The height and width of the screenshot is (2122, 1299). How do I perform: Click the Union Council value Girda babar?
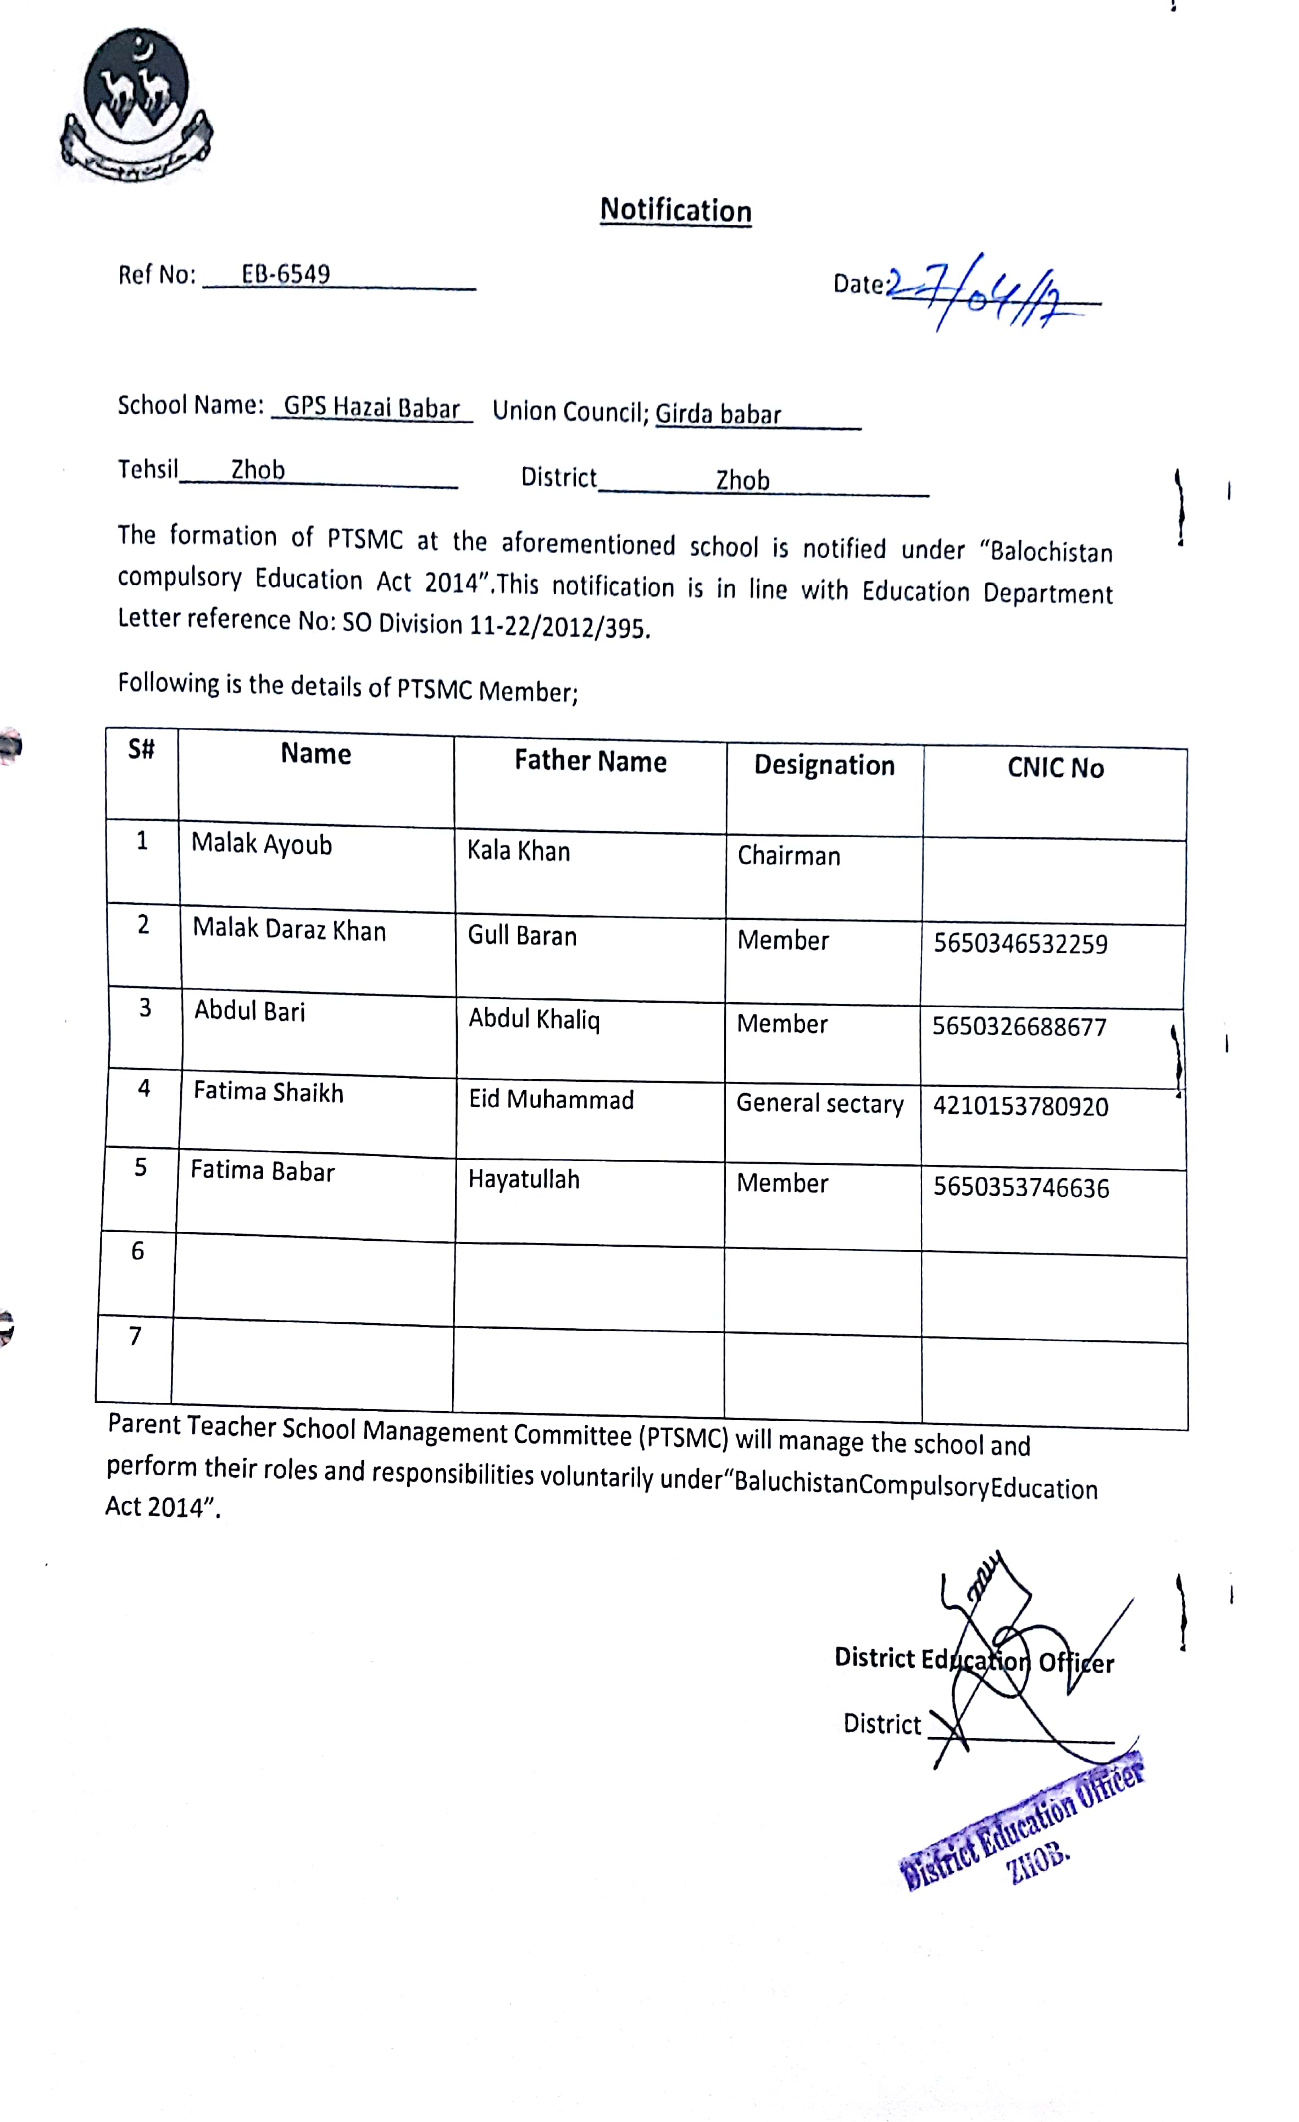tap(718, 415)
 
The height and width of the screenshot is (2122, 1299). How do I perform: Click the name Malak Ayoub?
tap(262, 844)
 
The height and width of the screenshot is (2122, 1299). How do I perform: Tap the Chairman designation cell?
tap(789, 855)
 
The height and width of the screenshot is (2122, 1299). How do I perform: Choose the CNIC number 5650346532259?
tap(1020, 944)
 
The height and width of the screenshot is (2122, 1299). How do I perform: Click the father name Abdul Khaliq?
tap(534, 1020)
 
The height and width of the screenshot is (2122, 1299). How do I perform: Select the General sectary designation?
tap(819, 1103)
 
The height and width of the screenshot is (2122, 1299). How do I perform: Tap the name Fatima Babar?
tap(263, 1171)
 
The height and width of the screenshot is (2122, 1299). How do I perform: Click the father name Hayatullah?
tap(523, 1179)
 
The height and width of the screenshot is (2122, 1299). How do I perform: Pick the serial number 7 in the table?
tap(135, 1336)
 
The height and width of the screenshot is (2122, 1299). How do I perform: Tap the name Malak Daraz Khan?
tap(289, 929)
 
